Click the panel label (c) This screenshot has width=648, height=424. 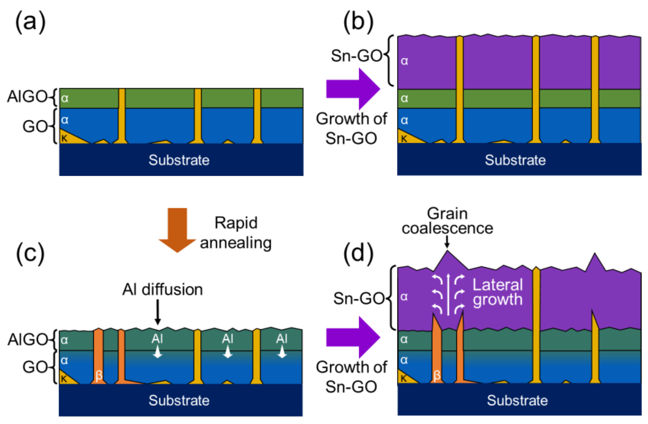coord(30,254)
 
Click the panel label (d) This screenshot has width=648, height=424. coord(358,254)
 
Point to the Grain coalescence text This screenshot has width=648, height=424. coord(447,221)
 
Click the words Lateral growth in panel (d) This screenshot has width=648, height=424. coord(497,292)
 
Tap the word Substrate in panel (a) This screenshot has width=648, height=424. coord(179,160)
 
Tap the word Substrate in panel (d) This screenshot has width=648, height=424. coord(517,401)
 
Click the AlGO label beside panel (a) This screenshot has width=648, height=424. coord(27,97)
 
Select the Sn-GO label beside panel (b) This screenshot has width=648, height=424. coord(357,56)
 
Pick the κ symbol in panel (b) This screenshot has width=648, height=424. coord(404,139)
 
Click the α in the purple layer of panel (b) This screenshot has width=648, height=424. coord(405,61)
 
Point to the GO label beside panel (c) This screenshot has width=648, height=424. coord(35,367)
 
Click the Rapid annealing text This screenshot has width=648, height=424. coord(236,233)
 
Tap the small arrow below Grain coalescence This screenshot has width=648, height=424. coord(447,242)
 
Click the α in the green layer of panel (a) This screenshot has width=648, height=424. coord(65,98)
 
